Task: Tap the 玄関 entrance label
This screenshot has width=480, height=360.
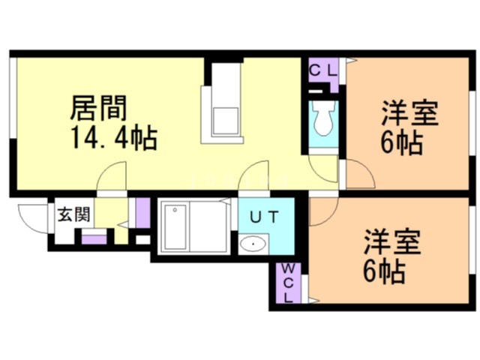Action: click(73, 214)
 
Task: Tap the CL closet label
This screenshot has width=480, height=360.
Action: click(323, 70)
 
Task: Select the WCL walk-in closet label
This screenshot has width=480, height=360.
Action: click(289, 284)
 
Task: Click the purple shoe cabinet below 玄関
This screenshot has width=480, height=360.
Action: click(94, 239)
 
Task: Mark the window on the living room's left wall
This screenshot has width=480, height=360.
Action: click(11, 105)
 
